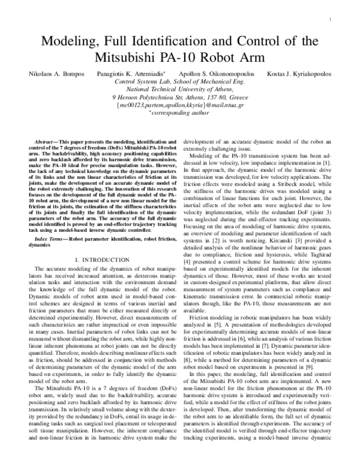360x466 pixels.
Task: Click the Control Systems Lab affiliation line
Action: (179, 80)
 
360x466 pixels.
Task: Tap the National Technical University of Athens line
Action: (179, 88)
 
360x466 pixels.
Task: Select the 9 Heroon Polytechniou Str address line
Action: (179, 96)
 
